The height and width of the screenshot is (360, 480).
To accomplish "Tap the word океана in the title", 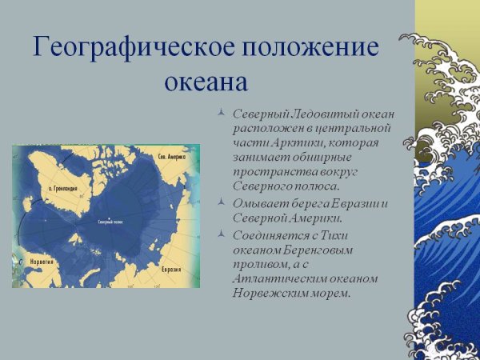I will [x=207, y=82].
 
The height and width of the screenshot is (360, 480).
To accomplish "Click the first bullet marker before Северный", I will [x=222, y=114].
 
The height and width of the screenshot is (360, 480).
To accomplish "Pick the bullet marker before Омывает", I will [x=222, y=203].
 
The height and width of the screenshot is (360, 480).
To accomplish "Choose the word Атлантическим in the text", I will [x=280, y=278].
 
